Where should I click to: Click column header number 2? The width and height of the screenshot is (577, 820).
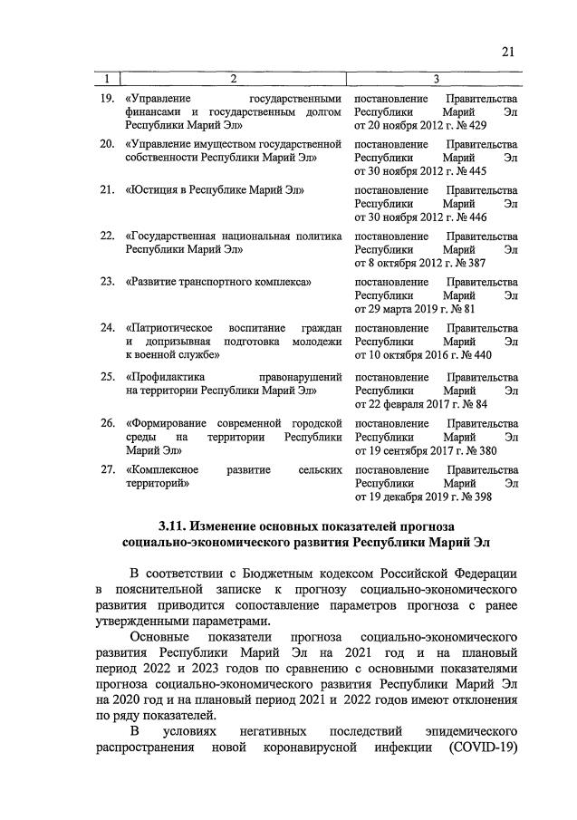[233, 80]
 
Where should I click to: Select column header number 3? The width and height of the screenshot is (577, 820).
[436, 80]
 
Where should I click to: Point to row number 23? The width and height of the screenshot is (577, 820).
[106, 282]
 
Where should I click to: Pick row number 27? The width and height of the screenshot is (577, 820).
[106, 470]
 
